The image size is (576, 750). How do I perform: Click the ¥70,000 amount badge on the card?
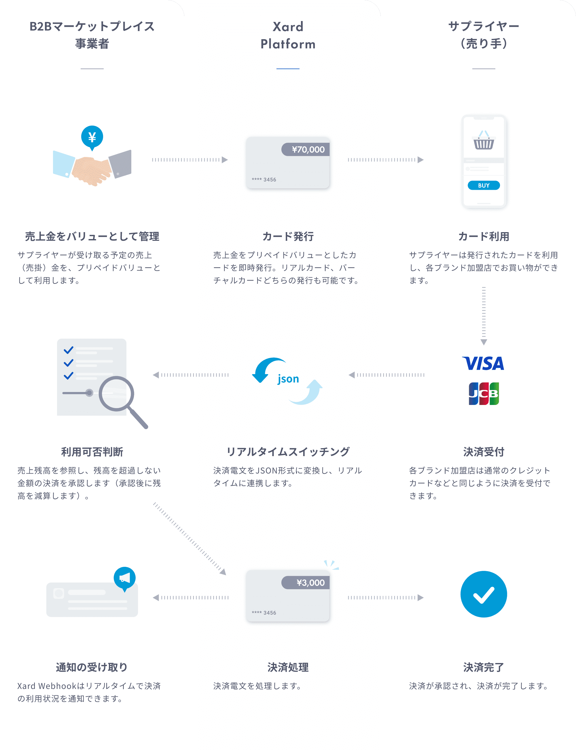[x=306, y=149]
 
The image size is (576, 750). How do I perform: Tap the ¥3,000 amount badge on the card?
[x=306, y=583]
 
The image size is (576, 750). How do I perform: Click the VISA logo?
[x=484, y=363]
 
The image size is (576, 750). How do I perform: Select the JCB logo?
[x=484, y=393]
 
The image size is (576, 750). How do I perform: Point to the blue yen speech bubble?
[x=92, y=138]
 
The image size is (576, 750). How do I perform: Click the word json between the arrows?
[x=288, y=379]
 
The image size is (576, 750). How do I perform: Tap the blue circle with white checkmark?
[x=484, y=594]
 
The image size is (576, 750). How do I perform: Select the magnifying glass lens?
[x=117, y=393]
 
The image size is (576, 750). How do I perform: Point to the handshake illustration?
[x=92, y=168]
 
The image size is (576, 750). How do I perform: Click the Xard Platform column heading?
[x=288, y=35]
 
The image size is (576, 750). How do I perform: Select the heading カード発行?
[x=288, y=236]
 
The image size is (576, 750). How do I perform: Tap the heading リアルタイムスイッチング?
[x=288, y=452]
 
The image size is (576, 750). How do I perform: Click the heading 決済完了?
[x=484, y=667]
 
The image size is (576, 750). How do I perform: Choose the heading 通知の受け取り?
[x=92, y=667]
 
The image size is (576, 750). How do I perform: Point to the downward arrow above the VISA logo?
[x=484, y=316]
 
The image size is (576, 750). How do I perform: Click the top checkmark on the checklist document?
[x=69, y=350]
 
